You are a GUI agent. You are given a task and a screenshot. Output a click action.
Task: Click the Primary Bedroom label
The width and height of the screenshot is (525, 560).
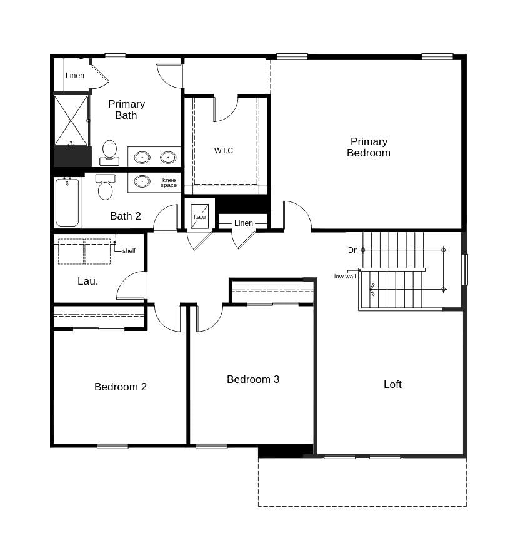(x=369, y=147)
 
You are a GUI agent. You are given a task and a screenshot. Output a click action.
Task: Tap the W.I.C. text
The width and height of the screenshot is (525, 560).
(x=224, y=151)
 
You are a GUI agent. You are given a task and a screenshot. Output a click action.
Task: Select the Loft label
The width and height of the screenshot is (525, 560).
(x=392, y=384)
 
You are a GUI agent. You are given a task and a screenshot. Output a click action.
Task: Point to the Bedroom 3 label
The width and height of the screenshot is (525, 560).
(x=253, y=379)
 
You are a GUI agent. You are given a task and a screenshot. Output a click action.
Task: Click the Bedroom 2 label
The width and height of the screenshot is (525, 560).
(x=121, y=387)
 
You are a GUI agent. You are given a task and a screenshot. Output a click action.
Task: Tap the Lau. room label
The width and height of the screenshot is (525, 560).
(x=87, y=282)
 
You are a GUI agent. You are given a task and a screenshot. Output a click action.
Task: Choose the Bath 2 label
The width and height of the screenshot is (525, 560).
(x=126, y=216)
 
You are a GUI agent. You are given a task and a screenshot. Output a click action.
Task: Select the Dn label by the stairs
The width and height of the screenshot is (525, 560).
(x=353, y=250)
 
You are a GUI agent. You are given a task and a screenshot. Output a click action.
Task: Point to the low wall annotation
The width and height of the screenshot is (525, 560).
(x=345, y=277)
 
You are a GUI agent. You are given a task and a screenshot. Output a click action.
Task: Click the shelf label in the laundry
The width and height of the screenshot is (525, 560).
(x=129, y=251)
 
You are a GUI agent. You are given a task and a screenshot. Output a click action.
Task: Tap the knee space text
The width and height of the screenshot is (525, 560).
(x=169, y=183)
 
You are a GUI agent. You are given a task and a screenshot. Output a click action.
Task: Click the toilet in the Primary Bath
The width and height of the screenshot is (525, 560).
(x=109, y=151)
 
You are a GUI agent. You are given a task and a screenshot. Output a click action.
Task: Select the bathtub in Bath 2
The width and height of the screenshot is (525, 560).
(x=67, y=203)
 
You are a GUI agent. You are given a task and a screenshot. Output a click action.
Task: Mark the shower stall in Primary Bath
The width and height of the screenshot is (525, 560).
(x=71, y=120)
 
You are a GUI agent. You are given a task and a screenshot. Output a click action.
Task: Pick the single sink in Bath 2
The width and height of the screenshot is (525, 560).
(x=142, y=181)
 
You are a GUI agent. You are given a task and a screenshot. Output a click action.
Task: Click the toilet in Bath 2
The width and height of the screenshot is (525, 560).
(x=106, y=188)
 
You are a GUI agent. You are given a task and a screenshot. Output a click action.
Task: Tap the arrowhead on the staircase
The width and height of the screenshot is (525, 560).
(x=372, y=290)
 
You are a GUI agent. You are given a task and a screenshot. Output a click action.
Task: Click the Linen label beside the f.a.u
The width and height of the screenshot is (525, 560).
(x=244, y=223)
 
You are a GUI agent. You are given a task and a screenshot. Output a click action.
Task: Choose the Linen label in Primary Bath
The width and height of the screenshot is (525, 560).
(x=75, y=76)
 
